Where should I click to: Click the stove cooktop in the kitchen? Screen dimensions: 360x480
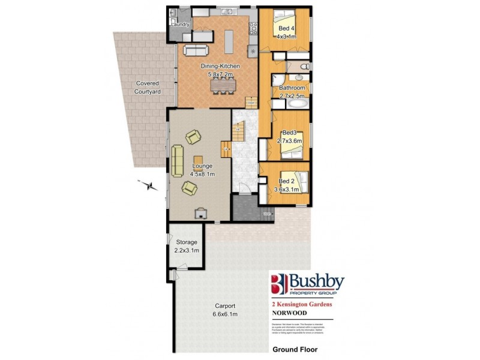(253, 28)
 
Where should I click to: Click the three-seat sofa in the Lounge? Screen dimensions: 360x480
(178, 161)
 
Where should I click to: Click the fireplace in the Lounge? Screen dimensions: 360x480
(200, 212)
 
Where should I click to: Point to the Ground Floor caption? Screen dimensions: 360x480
(295, 349)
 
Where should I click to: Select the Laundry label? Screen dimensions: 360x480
(181, 25)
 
